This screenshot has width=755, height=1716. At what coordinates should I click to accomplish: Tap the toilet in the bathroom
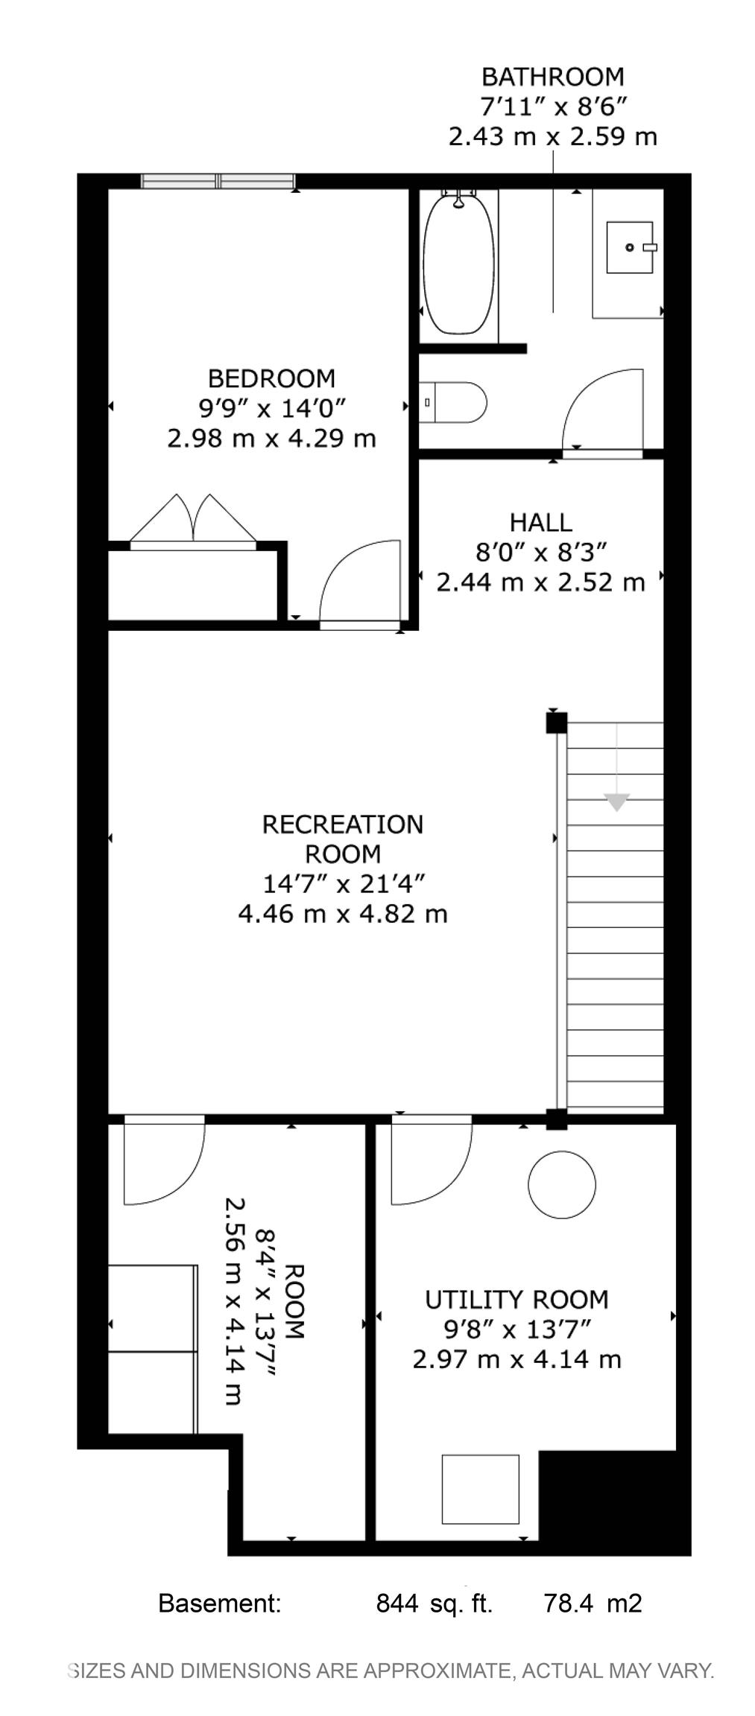tap(452, 402)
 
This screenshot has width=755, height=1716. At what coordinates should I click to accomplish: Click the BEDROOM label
tap(271, 378)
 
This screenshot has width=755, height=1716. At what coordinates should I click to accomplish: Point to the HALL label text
tap(541, 522)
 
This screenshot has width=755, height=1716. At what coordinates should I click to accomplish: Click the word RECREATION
tap(343, 824)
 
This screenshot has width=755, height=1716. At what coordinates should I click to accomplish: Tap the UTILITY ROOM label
tap(517, 1300)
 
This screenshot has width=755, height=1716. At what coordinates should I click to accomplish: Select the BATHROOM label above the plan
tap(552, 77)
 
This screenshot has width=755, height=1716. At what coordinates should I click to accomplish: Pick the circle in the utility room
tap(562, 1184)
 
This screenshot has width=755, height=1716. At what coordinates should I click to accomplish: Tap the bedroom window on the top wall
tap(218, 181)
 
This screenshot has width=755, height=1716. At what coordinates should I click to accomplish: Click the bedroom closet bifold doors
tap(194, 520)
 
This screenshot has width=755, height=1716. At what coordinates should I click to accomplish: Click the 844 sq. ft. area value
tap(434, 1603)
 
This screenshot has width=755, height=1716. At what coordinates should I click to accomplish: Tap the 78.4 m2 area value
tap(593, 1603)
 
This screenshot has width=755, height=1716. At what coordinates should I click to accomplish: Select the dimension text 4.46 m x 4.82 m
tap(343, 913)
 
